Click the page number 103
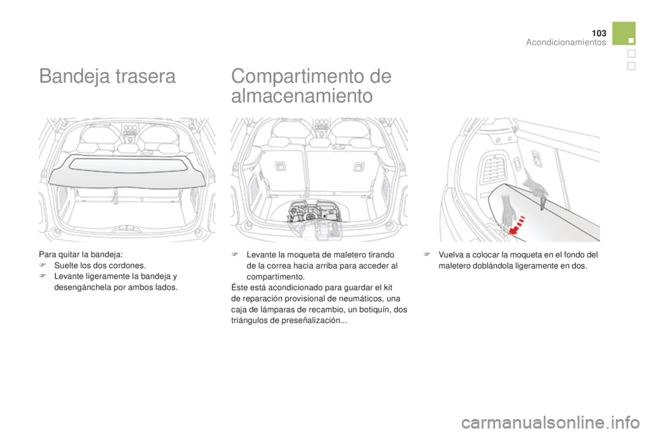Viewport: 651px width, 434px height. click(x=599, y=33)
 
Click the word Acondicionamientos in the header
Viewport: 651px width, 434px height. click(x=566, y=42)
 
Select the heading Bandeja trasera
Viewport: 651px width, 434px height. click(x=108, y=77)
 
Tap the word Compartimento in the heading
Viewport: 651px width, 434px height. click(x=294, y=77)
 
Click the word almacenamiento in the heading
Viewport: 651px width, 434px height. click(x=302, y=96)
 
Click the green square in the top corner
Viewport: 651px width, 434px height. click(x=624, y=33)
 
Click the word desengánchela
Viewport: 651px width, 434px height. click(x=79, y=288)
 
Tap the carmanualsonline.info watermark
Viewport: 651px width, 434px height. click(x=550, y=423)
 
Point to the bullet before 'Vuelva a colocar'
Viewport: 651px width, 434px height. click(x=426, y=255)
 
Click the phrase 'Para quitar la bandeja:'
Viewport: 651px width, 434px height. click(x=81, y=254)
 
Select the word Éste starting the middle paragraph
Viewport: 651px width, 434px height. click(x=239, y=288)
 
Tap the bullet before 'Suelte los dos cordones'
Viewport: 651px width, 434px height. click(x=41, y=266)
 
